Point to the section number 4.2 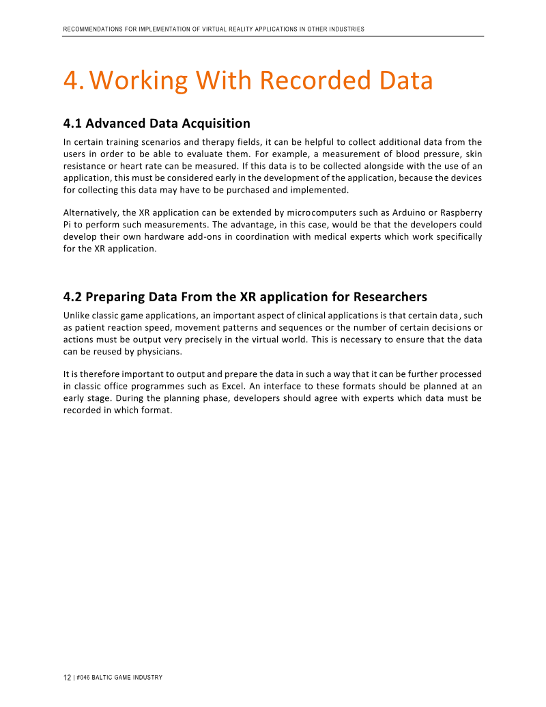click(x=72, y=297)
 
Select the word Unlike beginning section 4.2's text click(x=76, y=316)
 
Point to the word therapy click(x=196, y=142)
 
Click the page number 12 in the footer click(x=67, y=678)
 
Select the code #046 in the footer click(x=84, y=678)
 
